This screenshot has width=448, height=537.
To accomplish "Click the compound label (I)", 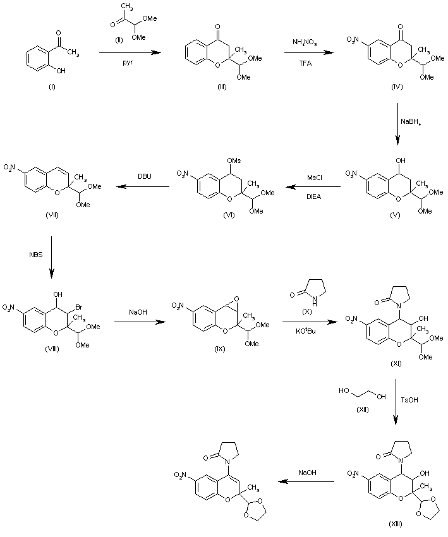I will [x=52, y=87].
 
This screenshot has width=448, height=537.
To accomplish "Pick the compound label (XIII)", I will [x=396, y=525].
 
